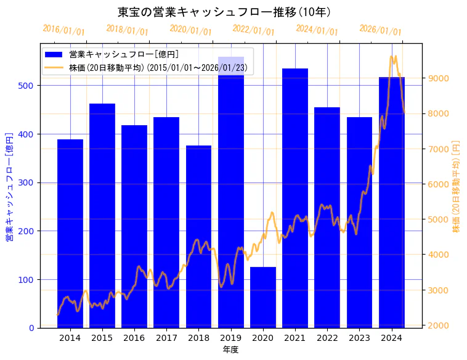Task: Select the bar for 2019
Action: click(x=231, y=197)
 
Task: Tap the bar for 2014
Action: click(x=70, y=234)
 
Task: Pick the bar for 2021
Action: click(x=295, y=197)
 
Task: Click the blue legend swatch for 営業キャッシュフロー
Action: click(x=54, y=55)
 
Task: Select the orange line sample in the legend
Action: click(x=54, y=68)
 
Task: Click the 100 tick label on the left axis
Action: click(x=26, y=280)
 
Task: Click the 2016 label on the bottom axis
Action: click(x=134, y=338)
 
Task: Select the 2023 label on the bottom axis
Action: click(x=359, y=338)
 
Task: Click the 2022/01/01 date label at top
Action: click(x=253, y=30)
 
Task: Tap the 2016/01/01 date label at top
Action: click(x=63, y=30)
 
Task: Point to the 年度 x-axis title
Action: click(x=230, y=350)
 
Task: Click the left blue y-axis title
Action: click(x=9, y=186)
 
